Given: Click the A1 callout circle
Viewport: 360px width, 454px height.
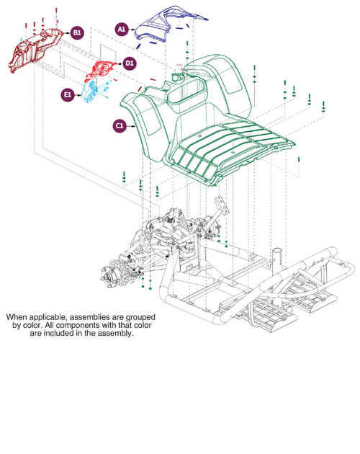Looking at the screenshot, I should coord(122,29).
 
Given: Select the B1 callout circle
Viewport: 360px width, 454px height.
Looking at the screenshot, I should coord(77,33).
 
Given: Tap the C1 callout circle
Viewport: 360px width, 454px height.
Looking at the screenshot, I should coord(120,125).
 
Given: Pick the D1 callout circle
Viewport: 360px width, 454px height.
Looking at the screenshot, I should coord(129,63).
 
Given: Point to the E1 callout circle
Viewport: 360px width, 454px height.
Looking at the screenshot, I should coord(68,94).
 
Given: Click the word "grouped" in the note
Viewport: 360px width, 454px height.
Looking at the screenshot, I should coord(136,316).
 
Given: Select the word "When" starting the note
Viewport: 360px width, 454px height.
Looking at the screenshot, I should coord(18,316).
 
